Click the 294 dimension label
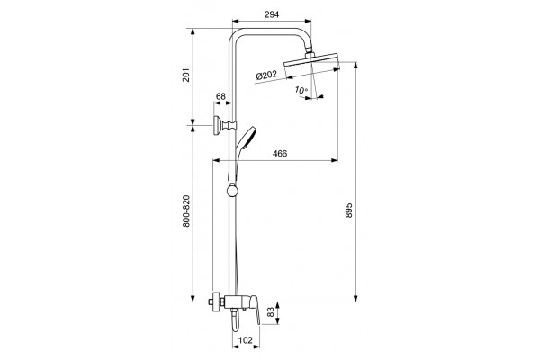pos(272,14)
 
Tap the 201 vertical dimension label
pos(186,75)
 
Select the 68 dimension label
pos(220,96)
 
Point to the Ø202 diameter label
pos(267,75)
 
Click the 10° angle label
pos(301,90)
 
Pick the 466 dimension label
pos(280,153)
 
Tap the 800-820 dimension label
pos(186,211)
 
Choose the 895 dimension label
pos(349,211)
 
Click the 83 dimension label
pos(272,312)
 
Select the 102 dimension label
pos(245,340)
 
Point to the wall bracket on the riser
pos(225,126)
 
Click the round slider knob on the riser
pos(232,191)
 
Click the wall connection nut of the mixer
pos(217,302)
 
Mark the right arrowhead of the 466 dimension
pos(334,160)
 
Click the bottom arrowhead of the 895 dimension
pos(356,298)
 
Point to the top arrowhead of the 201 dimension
pos(193,32)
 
